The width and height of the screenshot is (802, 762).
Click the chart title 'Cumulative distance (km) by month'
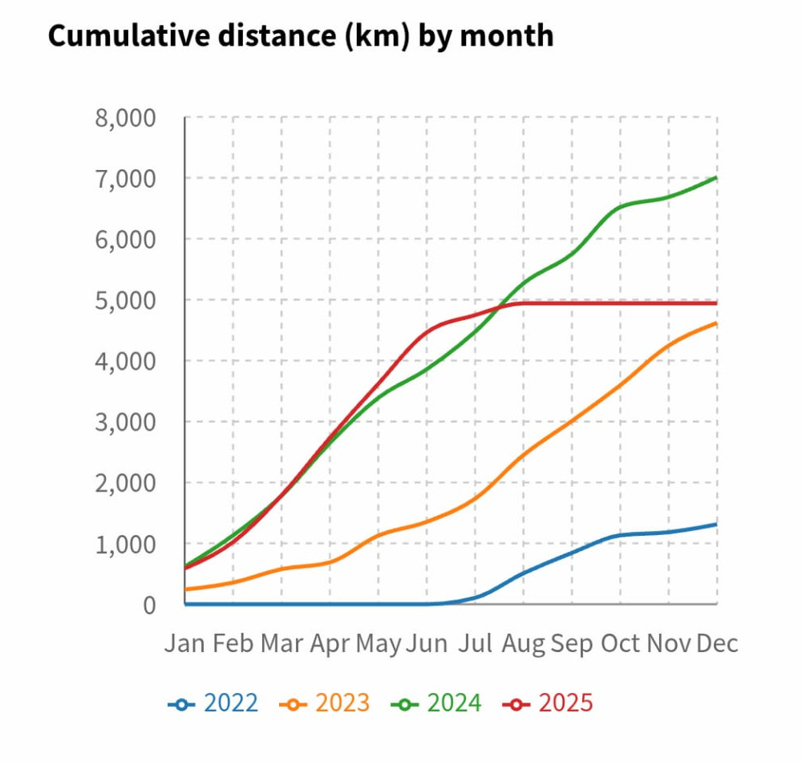(x=301, y=36)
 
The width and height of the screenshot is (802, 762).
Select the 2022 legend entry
(x=213, y=703)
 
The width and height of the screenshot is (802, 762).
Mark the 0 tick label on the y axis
(x=148, y=605)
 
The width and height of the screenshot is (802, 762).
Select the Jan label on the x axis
(x=185, y=643)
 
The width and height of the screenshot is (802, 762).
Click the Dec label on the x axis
(x=717, y=643)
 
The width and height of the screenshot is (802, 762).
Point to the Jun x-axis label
(x=427, y=643)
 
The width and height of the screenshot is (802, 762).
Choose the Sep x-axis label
(x=572, y=643)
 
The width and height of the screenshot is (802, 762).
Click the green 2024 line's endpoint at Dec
(x=716, y=177)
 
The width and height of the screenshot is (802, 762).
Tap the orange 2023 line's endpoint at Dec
(x=716, y=323)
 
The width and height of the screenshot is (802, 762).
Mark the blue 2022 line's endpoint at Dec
(x=716, y=524)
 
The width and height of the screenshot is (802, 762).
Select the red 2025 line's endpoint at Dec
(x=716, y=302)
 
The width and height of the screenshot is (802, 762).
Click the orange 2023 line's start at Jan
(x=186, y=590)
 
